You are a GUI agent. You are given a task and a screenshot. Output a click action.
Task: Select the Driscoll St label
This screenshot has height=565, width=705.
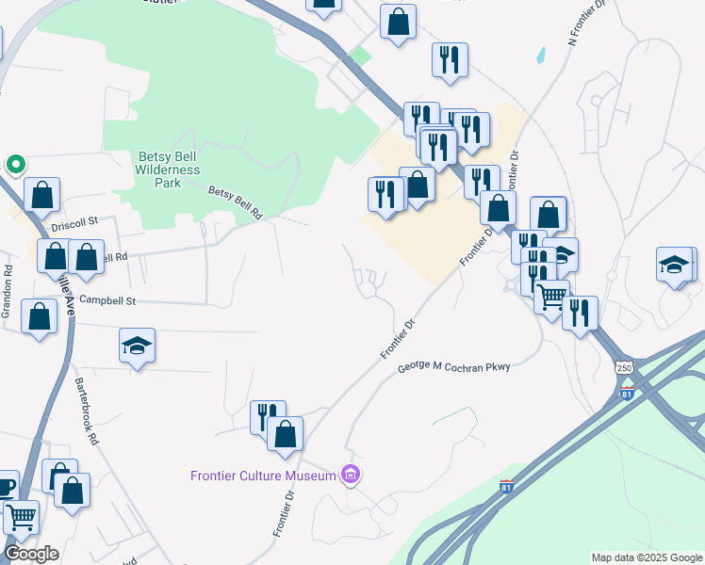[75, 223]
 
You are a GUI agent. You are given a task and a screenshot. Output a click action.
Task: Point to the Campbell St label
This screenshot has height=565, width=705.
[108, 301]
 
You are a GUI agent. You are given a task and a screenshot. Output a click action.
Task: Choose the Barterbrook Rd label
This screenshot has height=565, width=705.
[87, 412]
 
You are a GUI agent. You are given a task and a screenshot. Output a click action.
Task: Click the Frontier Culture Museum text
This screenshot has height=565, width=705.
[263, 476]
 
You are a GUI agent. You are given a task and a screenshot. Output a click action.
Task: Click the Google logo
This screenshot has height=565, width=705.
[31, 553]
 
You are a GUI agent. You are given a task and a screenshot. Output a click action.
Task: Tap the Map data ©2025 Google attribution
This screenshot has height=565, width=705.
[647, 557]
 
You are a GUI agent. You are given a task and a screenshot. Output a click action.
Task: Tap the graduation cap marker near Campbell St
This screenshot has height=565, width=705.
[137, 346]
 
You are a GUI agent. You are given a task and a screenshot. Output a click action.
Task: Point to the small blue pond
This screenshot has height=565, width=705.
[541, 55]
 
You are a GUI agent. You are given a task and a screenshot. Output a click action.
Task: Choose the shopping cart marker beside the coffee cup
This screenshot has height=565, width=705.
[21, 515]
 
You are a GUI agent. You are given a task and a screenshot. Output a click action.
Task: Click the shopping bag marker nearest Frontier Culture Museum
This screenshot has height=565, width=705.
[285, 434]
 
